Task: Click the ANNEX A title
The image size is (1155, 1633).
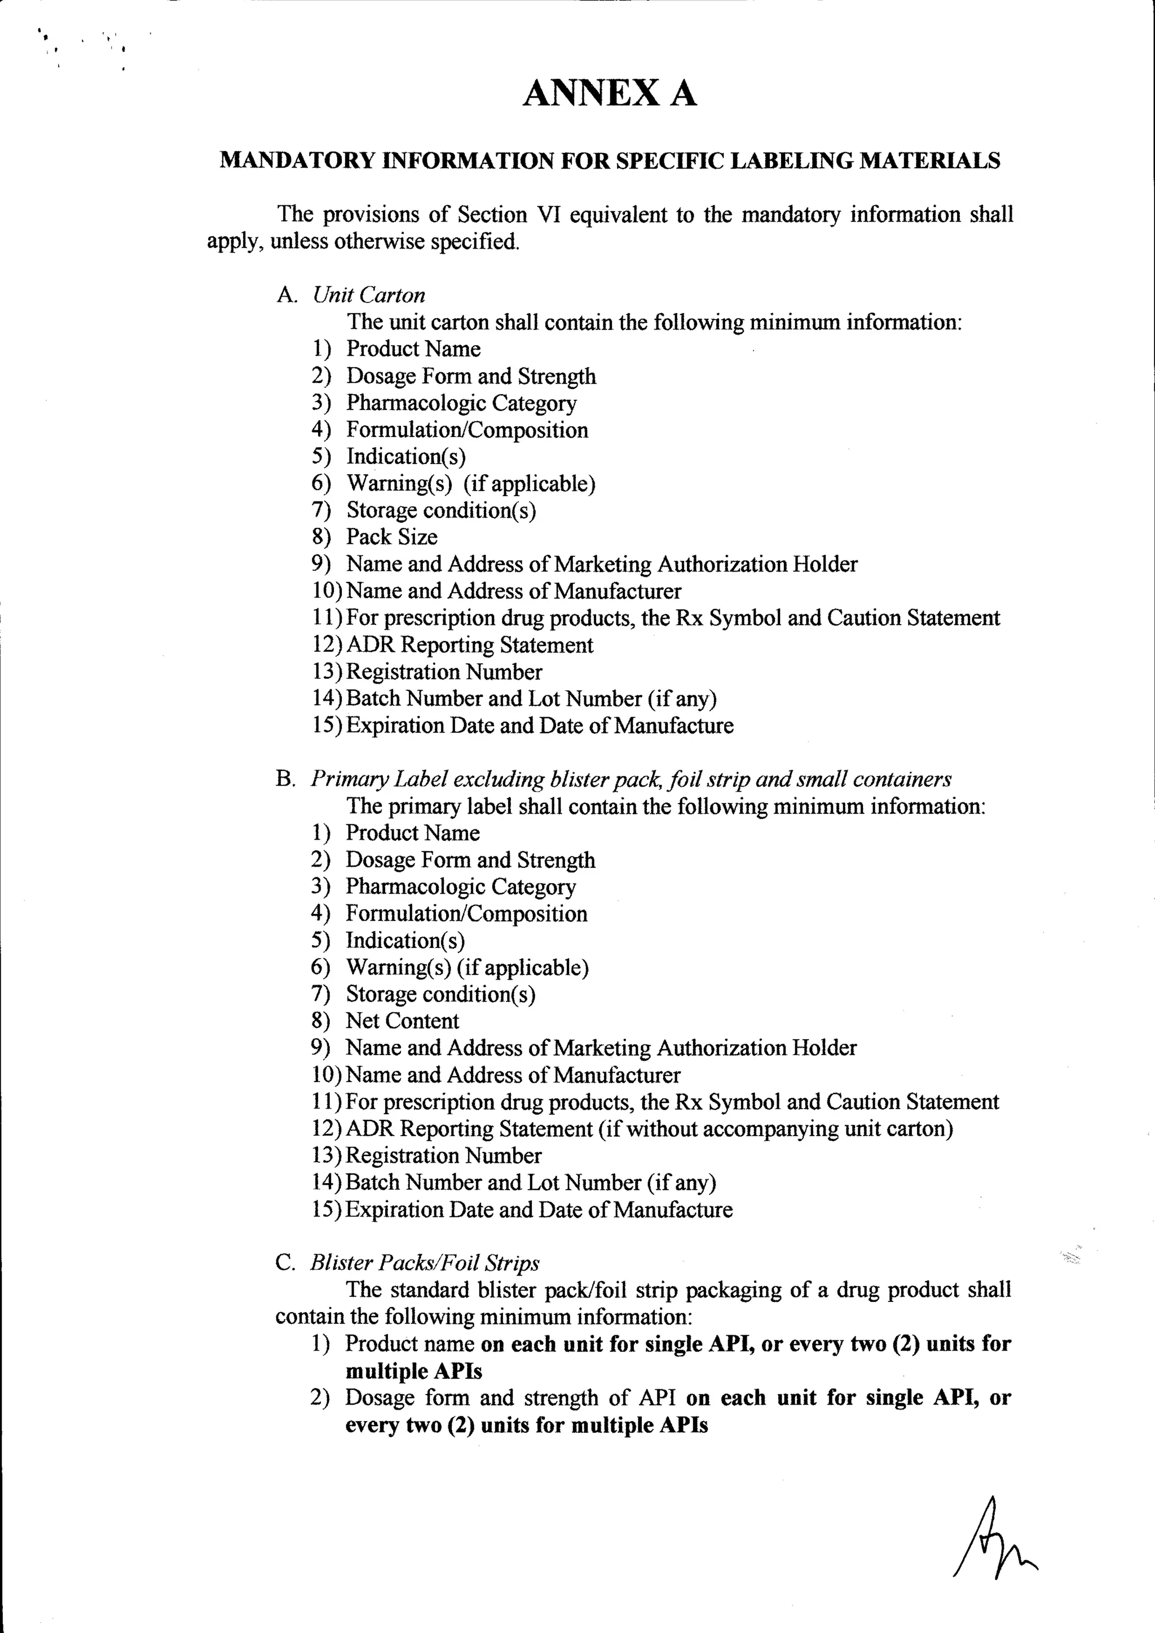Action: pyautogui.click(x=610, y=93)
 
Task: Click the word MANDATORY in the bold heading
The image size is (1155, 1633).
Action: pyautogui.click(x=297, y=161)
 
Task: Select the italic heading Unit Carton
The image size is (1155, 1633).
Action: pyautogui.click(x=368, y=295)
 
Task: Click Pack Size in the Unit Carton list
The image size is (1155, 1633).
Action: pyautogui.click(x=391, y=537)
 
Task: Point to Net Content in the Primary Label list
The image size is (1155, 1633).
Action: pyautogui.click(x=402, y=1021)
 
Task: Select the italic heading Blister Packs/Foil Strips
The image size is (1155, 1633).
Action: pyautogui.click(x=425, y=1263)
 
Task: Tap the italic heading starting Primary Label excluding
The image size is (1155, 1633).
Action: pyautogui.click(x=630, y=779)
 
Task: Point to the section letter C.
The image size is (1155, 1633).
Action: pyautogui.click(x=284, y=1263)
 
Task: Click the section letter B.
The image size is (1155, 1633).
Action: pyautogui.click(x=284, y=779)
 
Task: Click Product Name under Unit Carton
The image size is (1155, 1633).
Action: pyautogui.click(x=413, y=349)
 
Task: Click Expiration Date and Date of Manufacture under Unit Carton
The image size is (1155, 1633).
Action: pyautogui.click(x=539, y=726)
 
